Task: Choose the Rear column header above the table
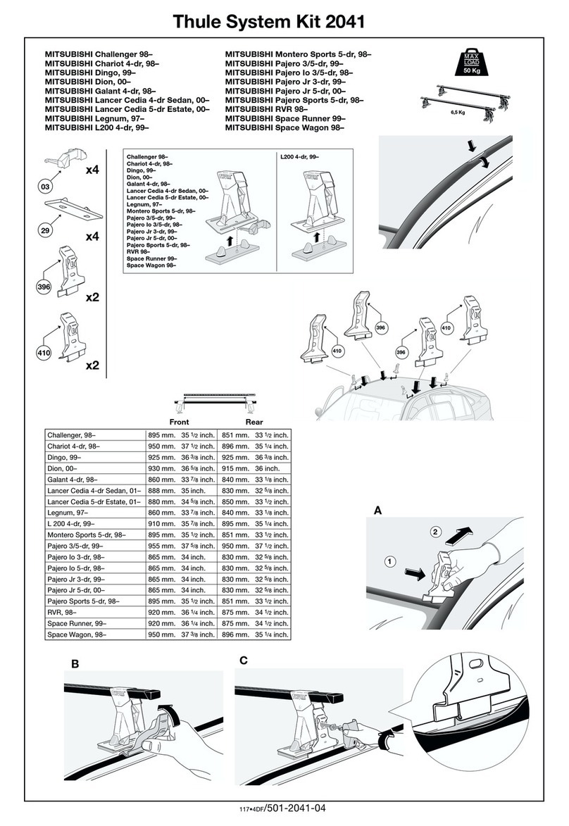pos(254,421)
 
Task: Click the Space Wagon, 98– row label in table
pos(76,634)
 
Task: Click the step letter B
pos(74,663)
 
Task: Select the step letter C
pos(244,661)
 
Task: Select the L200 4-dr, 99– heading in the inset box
pos(299,156)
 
